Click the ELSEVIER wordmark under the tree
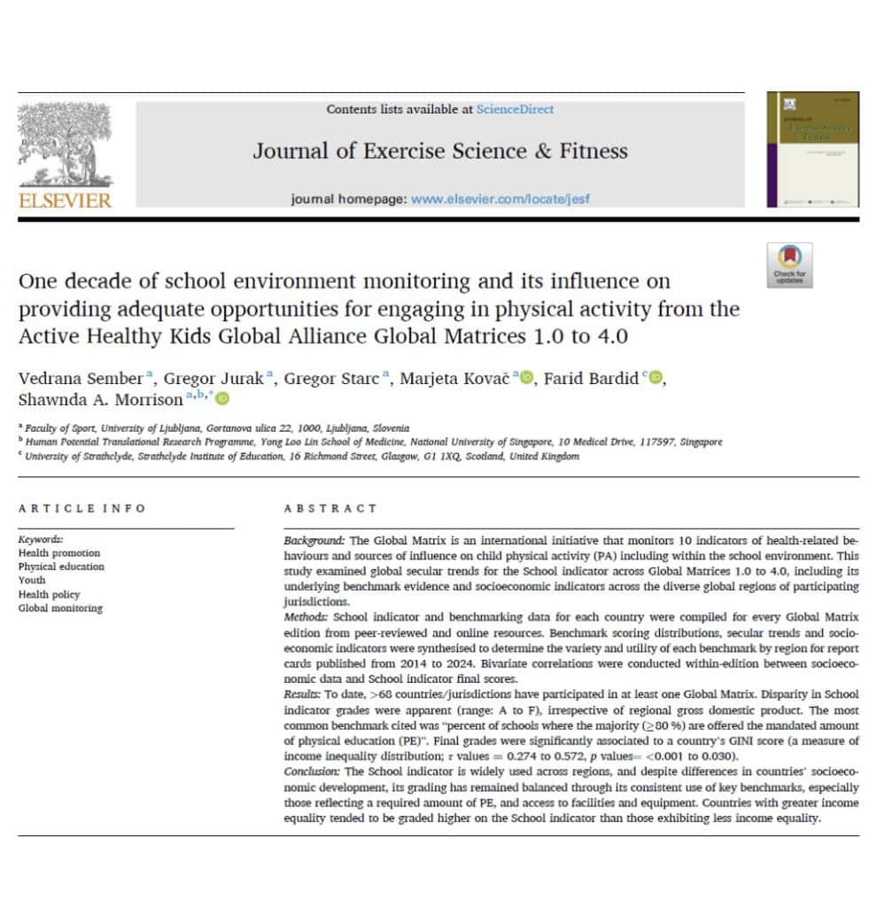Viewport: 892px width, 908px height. (66, 200)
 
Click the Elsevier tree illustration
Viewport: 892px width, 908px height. (66, 142)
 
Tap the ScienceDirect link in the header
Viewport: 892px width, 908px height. (515, 109)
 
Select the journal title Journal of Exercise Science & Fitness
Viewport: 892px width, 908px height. (440, 151)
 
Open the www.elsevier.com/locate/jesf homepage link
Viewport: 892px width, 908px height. (500, 199)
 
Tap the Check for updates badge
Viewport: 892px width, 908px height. (789, 265)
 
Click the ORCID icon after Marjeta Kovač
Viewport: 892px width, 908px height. (527, 380)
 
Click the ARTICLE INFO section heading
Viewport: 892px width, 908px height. (81, 508)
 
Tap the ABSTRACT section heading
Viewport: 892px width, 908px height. (330, 508)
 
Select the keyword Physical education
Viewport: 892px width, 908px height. (60, 567)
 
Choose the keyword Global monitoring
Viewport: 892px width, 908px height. (59, 608)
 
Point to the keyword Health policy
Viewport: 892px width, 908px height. (49, 594)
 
